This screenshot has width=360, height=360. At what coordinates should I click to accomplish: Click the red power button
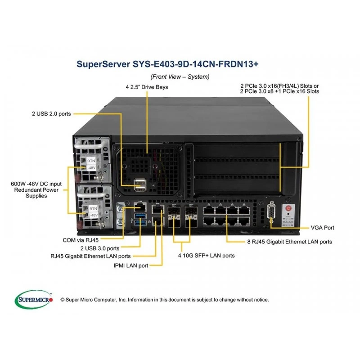(x=288, y=208)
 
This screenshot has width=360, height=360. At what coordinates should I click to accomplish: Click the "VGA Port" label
(x=322, y=228)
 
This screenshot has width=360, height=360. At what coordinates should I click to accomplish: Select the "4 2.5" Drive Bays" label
(x=147, y=87)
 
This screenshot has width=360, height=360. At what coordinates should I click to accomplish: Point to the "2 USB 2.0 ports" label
(x=51, y=114)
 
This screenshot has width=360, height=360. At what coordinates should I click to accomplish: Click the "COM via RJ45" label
(x=81, y=240)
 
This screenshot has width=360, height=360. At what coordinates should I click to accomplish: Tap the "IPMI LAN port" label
(x=131, y=265)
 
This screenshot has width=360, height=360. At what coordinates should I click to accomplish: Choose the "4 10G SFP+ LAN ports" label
(x=207, y=256)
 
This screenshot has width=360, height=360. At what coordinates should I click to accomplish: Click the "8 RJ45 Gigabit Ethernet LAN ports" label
(x=290, y=242)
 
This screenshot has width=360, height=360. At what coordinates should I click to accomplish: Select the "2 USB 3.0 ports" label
(x=100, y=248)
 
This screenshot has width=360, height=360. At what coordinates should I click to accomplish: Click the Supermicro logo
(x=34, y=299)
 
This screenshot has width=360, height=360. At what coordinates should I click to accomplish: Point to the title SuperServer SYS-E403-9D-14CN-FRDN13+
(x=167, y=64)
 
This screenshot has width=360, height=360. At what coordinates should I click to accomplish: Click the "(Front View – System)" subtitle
(x=180, y=76)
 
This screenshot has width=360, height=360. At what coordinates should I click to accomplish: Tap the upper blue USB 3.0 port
(x=140, y=216)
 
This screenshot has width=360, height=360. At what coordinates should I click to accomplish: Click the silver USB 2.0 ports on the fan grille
(x=140, y=185)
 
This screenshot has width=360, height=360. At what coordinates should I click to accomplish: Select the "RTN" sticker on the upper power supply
(x=91, y=161)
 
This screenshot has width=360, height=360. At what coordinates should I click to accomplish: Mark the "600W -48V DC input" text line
(x=36, y=184)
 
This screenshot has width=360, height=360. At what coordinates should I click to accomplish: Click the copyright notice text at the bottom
(x=164, y=300)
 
